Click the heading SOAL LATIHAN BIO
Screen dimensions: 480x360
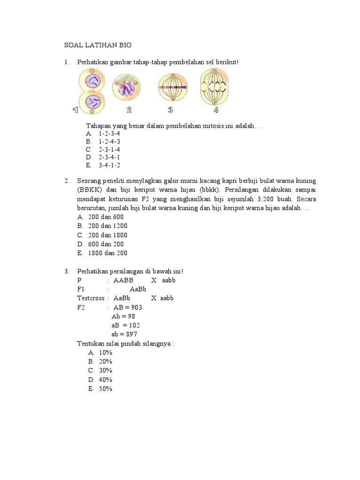pyautogui.click(x=98, y=45)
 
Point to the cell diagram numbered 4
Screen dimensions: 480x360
pyautogui.click(x=216, y=88)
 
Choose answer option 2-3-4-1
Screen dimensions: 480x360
pyautogui.click(x=109, y=157)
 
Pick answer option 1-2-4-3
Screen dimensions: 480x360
pyautogui.click(x=109, y=141)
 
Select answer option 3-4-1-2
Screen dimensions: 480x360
pyautogui.click(x=109, y=165)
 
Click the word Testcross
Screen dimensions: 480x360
pyautogui.click(x=91, y=298)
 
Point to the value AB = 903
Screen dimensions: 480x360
pyautogui.click(x=128, y=307)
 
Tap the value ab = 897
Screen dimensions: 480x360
pyautogui.click(x=126, y=334)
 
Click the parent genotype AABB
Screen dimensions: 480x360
pyautogui.click(x=123, y=280)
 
